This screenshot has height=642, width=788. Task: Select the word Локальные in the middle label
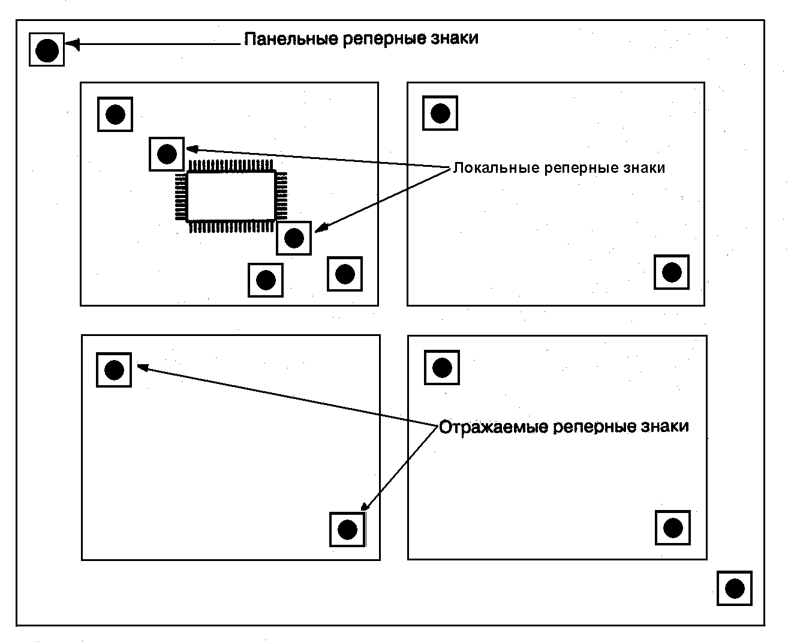[496, 168]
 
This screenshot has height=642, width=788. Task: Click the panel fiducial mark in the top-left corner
[47, 50]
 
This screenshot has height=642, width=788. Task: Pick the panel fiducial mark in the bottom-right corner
[735, 589]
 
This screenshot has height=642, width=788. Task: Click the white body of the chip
[231, 196]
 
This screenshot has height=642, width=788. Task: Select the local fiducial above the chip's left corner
[167, 154]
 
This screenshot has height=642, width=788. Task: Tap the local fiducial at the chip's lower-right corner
[294, 238]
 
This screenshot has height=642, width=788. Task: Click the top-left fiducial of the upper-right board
[440, 113]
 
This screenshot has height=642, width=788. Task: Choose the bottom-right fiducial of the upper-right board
[672, 272]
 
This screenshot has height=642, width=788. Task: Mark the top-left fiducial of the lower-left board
[114, 370]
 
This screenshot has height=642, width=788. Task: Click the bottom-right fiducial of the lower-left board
[348, 529]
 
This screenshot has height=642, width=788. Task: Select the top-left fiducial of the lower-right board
[442, 367]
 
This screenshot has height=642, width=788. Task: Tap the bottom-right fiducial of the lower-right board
[673, 528]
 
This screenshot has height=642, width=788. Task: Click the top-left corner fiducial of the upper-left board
[115, 114]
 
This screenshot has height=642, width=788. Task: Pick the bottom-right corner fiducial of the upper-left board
[345, 274]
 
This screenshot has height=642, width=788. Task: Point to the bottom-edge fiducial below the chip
[266, 280]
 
